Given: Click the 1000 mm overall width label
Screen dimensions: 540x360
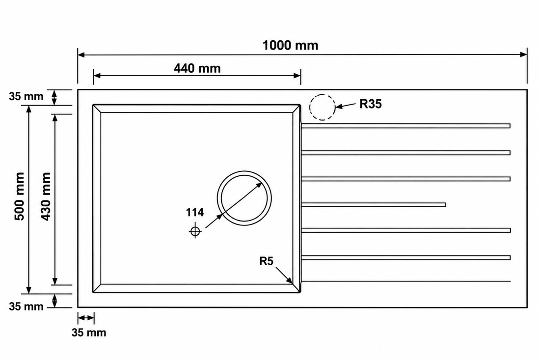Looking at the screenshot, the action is (x=290, y=45).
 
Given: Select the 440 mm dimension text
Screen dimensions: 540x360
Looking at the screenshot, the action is (x=197, y=68).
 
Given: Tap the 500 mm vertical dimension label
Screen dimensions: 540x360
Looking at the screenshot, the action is (x=20, y=196).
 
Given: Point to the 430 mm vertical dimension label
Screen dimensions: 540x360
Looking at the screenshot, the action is (x=46, y=196).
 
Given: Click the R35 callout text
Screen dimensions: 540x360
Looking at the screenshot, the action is (x=371, y=104).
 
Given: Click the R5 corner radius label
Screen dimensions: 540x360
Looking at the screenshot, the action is (x=266, y=261).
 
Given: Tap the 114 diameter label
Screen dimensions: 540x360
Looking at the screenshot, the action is (x=195, y=212).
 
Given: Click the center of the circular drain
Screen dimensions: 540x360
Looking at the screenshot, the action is (x=244, y=198).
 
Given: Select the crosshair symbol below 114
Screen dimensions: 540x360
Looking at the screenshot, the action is (x=195, y=231).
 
